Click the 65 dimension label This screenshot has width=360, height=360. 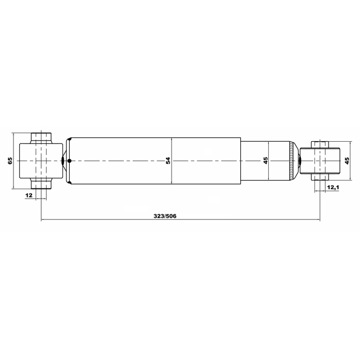pyautogui.click(x=10, y=161)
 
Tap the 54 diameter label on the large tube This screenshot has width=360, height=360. pyautogui.click(x=168, y=160)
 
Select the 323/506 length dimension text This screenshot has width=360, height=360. pyautogui.click(x=165, y=216)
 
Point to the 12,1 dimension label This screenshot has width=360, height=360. pyautogui.click(x=333, y=187)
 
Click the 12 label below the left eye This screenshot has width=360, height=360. pyautogui.click(x=29, y=195)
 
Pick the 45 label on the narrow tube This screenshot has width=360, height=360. pyautogui.click(x=265, y=160)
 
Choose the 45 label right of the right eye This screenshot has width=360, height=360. pyautogui.click(x=347, y=160)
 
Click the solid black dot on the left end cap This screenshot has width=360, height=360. pyautogui.click(x=70, y=161)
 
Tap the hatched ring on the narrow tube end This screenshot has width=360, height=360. pyautogui.click(x=291, y=161)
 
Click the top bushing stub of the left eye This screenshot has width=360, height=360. pyautogui.click(x=41, y=138)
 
